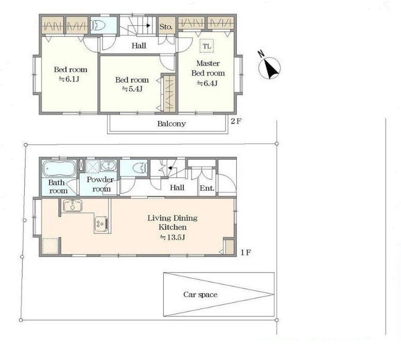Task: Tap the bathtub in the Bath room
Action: [x=59, y=168]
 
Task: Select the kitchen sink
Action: [x=73, y=205]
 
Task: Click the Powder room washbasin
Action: [x=109, y=166]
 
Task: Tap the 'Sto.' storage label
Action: [x=166, y=27]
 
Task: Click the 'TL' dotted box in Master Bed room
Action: [x=206, y=46]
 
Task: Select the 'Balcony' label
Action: [x=171, y=123]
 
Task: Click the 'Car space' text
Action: [x=200, y=295]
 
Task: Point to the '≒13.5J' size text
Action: [x=172, y=238]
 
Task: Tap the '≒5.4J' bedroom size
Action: [x=132, y=89]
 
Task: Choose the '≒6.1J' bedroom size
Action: [x=69, y=79]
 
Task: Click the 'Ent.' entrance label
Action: [x=207, y=188]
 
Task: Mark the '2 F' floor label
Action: [x=236, y=121]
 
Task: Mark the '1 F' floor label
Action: [x=246, y=253]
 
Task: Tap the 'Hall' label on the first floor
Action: [x=177, y=188]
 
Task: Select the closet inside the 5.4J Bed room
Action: [x=169, y=93]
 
